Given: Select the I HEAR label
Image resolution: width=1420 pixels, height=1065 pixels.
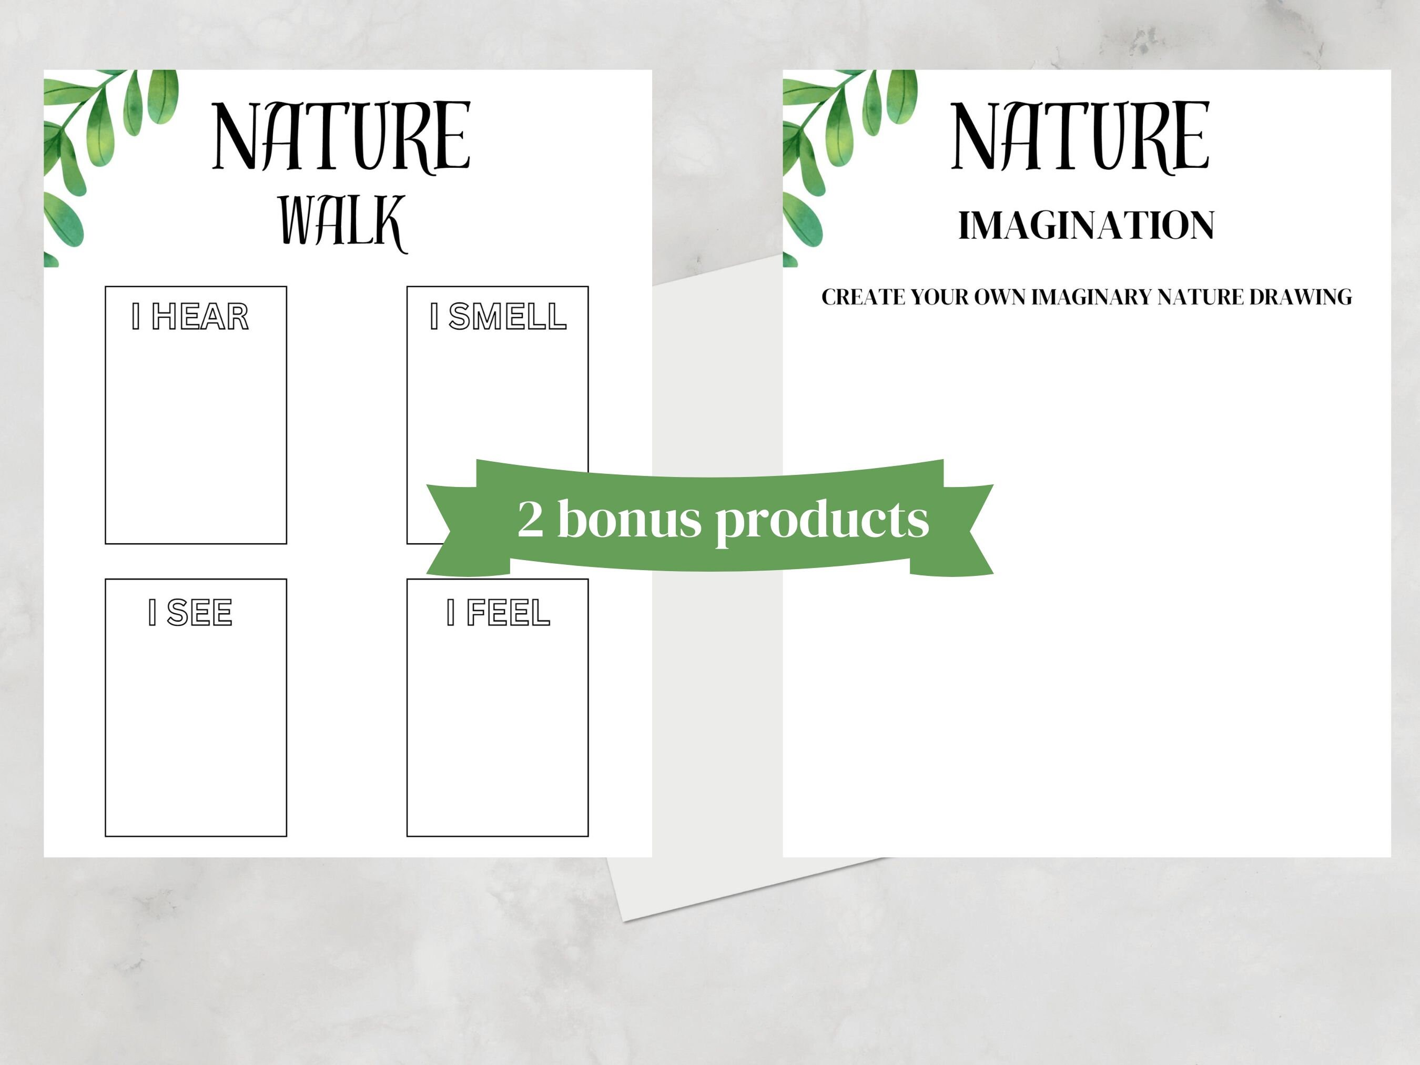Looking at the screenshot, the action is click(x=190, y=317).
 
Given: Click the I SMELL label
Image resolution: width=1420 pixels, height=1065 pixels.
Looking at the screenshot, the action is click(x=498, y=317).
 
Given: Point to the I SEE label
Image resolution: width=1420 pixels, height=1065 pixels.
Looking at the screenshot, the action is click(x=190, y=612).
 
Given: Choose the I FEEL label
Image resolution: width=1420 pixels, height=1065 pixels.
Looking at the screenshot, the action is click(x=498, y=612).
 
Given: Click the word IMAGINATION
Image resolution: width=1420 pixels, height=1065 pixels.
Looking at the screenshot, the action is click(x=1086, y=225).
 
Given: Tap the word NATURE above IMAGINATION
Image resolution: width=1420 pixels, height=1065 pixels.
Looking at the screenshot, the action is click(x=1080, y=137).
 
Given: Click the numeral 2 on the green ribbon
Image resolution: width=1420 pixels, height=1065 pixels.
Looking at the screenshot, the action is click(x=530, y=518).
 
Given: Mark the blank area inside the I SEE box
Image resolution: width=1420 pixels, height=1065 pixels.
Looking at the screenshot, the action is click(x=196, y=732).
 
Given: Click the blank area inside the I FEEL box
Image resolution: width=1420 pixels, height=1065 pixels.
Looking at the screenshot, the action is click(x=498, y=732).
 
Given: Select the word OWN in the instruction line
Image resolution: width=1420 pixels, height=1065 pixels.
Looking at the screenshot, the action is click(x=1000, y=297).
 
